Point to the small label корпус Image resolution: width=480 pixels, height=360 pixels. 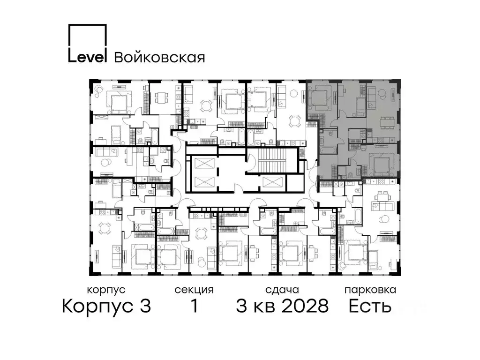(x=106, y=290)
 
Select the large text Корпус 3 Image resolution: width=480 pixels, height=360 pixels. (x=106, y=307)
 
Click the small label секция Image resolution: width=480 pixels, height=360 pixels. (x=194, y=290)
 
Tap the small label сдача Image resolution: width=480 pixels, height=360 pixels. (x=281, y=290)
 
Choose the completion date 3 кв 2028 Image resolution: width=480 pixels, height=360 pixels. (x=282, y=307)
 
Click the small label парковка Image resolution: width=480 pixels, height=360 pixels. (x=370, y=290)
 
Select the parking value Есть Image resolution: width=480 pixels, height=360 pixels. (x=369, y=307)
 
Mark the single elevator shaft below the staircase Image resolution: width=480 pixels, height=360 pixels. (x=273, y=183)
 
